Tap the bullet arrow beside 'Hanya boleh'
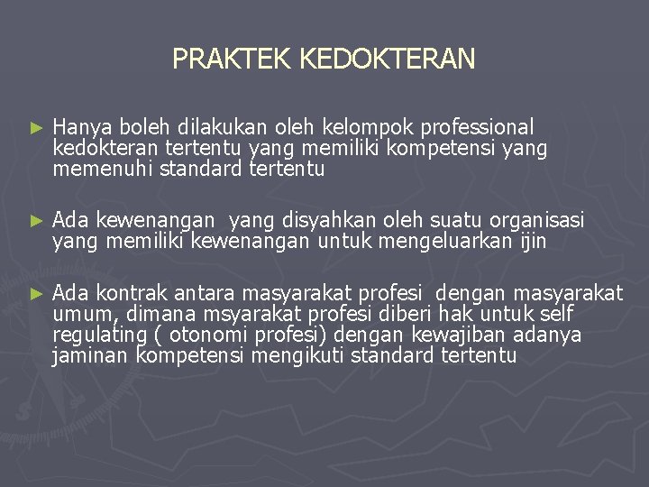[36, 129]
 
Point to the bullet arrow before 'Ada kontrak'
[36, 294]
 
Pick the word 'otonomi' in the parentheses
[209, 335]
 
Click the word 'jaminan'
[91, 355]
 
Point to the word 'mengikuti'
[301, 355]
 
